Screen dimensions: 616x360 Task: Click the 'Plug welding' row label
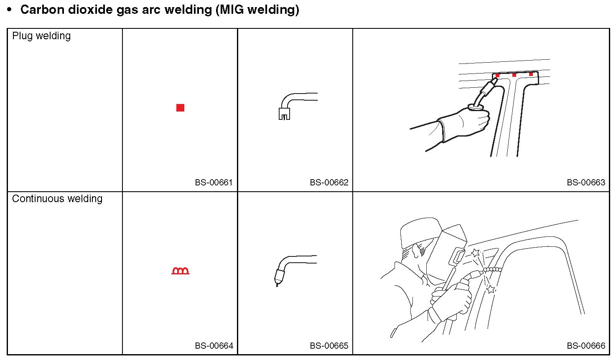point(41,36)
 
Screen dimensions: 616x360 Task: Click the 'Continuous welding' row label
point(57,198)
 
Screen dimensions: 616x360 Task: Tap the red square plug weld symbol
point(180,108)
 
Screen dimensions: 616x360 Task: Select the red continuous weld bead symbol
point(181,271)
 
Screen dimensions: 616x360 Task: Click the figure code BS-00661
point(214,183)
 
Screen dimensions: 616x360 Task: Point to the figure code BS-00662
point(329,183)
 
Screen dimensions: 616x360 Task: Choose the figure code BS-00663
point(586,183)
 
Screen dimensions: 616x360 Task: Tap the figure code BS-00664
point(214,345)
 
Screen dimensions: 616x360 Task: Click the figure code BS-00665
point(329,345)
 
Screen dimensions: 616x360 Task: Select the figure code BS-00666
point(586,345)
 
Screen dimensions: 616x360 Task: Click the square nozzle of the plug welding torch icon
point(284,114)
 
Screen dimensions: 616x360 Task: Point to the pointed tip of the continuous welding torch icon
point(277,285)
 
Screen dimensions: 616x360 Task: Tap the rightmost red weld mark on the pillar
point(531,74)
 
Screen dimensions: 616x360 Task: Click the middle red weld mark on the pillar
point(514,75)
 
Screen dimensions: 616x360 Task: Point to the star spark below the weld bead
point(491,289)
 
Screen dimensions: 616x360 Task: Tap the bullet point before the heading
point(10,10)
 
